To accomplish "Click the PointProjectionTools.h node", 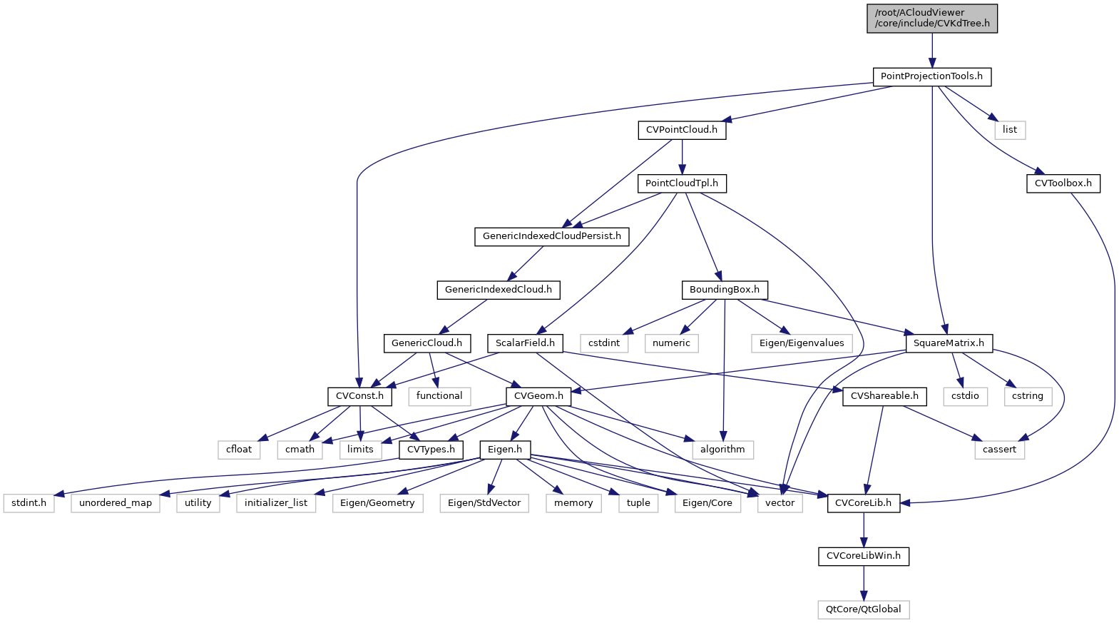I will pyautogui.click(x=931, y=76).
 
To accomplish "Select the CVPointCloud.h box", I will pyautogui.click(x=682, y=130).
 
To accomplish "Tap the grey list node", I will pyautogui.click(x=1010, y=130).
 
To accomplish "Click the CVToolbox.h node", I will pyautogui.click(x=1063, y=183).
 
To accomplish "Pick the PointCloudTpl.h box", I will pyautogui.click(x=682, y=183).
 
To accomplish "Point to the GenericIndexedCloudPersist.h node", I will pyautogui.click(x=552, y=236).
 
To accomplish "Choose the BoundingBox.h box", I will pyautogui.click(x=725, y=290).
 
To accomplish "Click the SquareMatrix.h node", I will pyautogui.click(x=949, y=343).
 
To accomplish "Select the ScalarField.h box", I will pyautogui.click(x=525, y=343).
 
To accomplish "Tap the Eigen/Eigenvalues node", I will pyautogui.click(x=802, y=343).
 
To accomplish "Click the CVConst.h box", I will pyautogui.click(x=359, y=396).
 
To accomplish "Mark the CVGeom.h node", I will pyautogui.click(x=538, y=396).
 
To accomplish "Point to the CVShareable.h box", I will pyautogui.click(x=884, y=396).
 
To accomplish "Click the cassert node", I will pyautogui.click(x=999, y=450).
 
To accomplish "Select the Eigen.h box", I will pyautogui.click(x=505, y=450).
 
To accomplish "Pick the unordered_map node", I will pyautogui.click(x=116, y=503).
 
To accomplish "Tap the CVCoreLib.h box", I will pyautogui.click(x=863, y=503).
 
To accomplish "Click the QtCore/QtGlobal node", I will pyautogui.click(x=863, y=609).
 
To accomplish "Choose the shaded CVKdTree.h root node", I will pyautogui.click(x=931, y=19).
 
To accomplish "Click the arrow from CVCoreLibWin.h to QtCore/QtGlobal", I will pyautogui.click(x=864, y=583).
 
